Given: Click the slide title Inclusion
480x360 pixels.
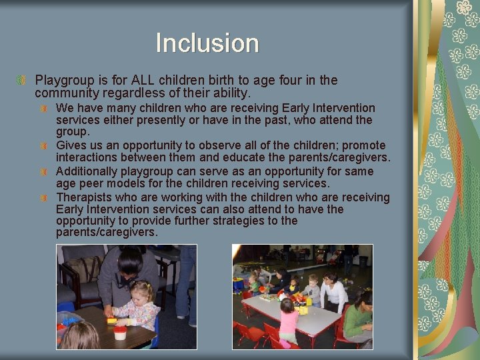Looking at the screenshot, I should (207, 43).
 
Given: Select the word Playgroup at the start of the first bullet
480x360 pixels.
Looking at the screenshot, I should (63, 81).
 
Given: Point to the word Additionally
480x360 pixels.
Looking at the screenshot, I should (89, 171).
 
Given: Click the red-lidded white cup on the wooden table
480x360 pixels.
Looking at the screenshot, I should (120, 332).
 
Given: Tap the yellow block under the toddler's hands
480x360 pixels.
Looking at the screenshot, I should (112, 320).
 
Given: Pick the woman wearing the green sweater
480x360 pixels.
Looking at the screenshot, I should (358, 317).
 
